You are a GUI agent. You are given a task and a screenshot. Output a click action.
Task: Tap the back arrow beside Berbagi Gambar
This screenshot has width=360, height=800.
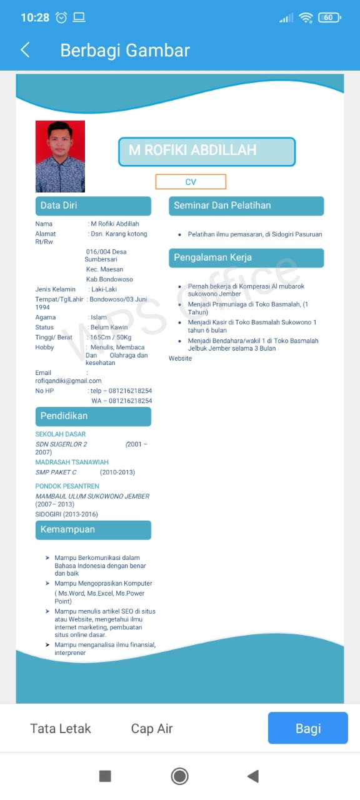coord(25,50)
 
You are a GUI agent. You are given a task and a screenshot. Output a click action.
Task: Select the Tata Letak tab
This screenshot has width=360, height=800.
coord(61,729)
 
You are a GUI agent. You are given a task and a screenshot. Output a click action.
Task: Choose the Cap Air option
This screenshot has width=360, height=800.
coord(152,729)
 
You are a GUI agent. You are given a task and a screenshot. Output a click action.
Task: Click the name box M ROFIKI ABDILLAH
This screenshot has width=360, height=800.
coord(206,151)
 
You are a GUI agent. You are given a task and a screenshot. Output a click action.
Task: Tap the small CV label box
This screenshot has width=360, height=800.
coord(191,182)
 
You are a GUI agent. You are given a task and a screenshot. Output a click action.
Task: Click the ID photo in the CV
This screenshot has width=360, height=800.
coord(60,156)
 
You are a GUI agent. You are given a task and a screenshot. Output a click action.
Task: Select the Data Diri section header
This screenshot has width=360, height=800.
coord(93,206)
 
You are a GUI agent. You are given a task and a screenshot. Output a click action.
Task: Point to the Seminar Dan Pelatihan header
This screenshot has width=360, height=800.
coord(246,206)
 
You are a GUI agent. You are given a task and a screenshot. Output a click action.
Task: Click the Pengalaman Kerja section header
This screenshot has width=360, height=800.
coord(246,257)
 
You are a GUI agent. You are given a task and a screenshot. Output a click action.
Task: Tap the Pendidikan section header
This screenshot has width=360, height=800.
coord(93,416)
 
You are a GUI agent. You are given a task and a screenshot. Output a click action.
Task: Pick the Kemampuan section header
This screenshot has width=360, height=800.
coord(93,530)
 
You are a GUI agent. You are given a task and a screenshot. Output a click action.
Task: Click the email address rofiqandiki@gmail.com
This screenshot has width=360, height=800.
coord(68,381)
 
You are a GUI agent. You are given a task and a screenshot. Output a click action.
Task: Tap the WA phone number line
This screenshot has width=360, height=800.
coord(122,401)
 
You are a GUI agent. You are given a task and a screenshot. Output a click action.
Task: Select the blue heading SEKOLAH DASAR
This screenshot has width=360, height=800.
coord(61,434)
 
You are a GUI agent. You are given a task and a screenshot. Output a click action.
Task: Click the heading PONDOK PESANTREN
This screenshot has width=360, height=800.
coord(67,486)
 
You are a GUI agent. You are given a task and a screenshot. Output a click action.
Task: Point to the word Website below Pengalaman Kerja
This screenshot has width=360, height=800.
coord(180,358)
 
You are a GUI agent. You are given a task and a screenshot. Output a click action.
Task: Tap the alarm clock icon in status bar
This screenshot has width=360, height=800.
coord(61,17)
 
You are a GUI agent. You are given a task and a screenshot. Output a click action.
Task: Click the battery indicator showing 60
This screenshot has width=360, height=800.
coord(329,17)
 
